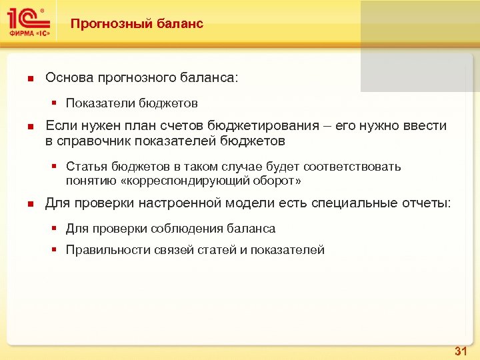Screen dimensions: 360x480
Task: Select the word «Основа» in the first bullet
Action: pyautogui.click(x=69, y=78)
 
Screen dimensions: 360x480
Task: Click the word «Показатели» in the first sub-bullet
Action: pyautogui.click(x=100, y=103)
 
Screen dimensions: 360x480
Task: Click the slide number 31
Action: pyautogui.click(x=461, y=351)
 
